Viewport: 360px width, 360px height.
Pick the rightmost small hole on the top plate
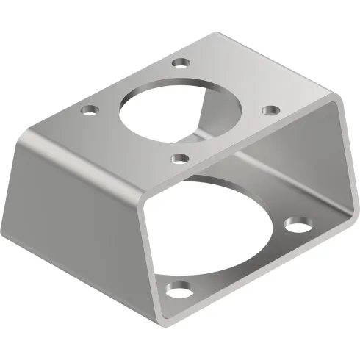point(271,109)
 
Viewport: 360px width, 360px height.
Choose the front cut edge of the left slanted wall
point(146,242)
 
